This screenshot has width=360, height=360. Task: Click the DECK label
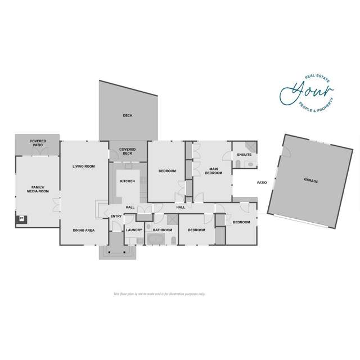[x=128, y=116]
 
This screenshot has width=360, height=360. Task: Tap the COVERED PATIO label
[x=38, y=143]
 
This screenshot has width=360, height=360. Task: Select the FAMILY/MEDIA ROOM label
[x=38, y=190]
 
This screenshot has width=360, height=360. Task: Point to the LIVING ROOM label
[x=84, y=166]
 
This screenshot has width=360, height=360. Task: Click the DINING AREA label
[x=84, y=230]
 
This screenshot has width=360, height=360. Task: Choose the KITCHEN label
[x=127, y=181]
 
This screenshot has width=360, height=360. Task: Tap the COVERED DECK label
[x=127, y=151]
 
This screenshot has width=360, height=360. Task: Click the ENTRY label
[x=116, y=216]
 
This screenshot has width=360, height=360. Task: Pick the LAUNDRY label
[x=134, y=230]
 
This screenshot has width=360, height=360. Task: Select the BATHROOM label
[x=162, y=230]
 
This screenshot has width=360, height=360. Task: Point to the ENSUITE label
[x=244, y=154]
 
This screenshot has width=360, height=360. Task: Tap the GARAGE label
[x=311, y=181]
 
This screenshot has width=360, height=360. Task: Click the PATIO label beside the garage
[x=262, y=183]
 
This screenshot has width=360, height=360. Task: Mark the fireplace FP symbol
[x=22, y=218]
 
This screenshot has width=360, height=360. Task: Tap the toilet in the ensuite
[x=238, y=164]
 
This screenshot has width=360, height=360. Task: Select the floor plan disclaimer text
[x=159, y=294]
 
